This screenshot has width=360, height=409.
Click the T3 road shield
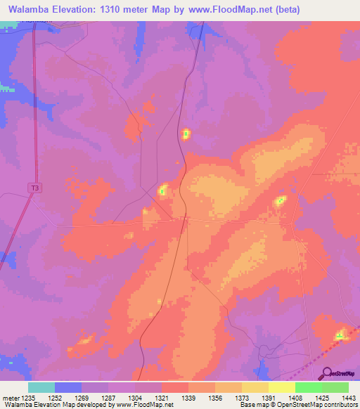click(34, 188)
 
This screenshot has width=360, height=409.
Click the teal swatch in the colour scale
click(41, 387)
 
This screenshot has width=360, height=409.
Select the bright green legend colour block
click(308, 387)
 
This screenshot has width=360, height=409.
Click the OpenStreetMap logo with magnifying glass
click(337, 373)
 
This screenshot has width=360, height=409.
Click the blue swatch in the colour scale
click(68, 387)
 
